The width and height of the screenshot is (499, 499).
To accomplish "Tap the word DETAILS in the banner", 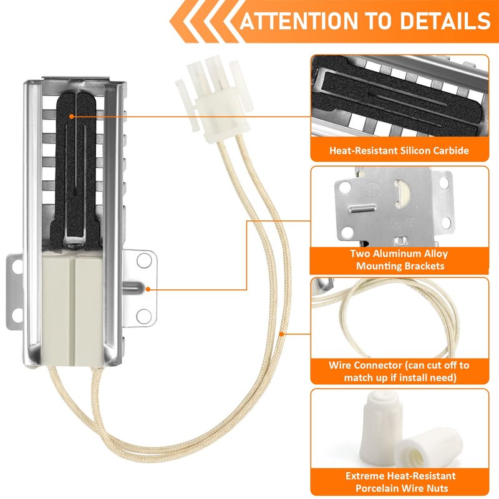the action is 445,21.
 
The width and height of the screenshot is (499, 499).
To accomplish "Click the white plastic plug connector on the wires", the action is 214,99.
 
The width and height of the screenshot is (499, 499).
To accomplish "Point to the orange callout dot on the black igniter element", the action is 72,117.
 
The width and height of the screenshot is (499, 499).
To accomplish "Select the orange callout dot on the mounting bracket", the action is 148,289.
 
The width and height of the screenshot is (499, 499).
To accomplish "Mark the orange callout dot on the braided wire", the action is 281,334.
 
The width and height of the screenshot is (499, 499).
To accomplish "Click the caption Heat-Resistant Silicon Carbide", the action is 399,150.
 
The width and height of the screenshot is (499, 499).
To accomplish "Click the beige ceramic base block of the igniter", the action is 72,308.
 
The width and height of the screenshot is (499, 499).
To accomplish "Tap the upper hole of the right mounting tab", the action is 144,260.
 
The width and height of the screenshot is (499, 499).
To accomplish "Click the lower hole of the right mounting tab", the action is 144,316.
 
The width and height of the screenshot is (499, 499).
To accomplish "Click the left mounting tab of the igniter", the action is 14,291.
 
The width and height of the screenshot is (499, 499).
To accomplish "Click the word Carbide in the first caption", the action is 451,150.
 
